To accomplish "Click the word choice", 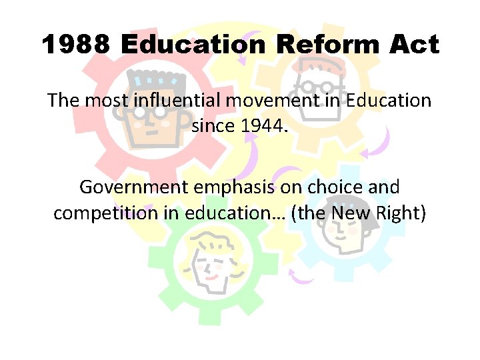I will click(x=339, y=187).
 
